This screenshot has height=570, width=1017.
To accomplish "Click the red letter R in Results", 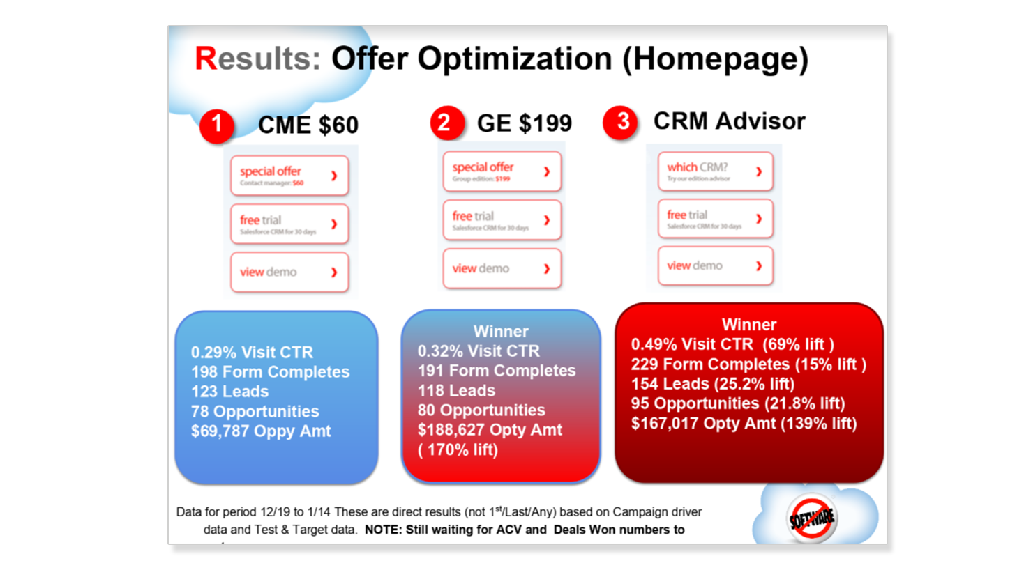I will [206, 59].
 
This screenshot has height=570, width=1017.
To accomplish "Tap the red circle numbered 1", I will [217, 125].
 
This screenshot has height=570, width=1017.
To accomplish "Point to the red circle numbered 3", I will [621, 122].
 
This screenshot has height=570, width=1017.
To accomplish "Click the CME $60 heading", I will [308, 125].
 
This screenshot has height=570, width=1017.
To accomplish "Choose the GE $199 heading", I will [524, 123].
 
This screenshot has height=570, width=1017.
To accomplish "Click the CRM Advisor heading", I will [729, 121].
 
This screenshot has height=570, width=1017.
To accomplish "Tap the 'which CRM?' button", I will [715, 171].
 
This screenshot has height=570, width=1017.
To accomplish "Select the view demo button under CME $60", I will [289, 272].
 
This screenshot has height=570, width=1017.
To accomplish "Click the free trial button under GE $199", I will [502, 220].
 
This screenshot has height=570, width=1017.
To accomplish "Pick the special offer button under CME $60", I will [289, 176].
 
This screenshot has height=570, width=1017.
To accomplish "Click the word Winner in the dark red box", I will [748, 325].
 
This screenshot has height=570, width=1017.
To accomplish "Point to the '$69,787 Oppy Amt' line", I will [261, 431].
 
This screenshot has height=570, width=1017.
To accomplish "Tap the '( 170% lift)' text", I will [458, 450].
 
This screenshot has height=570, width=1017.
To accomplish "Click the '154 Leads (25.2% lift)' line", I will [712, 384].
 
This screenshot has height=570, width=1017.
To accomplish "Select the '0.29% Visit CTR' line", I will [252, 353].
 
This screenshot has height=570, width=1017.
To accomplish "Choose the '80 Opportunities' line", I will [481, 410].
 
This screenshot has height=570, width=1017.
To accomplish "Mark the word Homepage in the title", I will [715, 59].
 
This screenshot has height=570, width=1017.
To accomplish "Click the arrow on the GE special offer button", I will [547, 171].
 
